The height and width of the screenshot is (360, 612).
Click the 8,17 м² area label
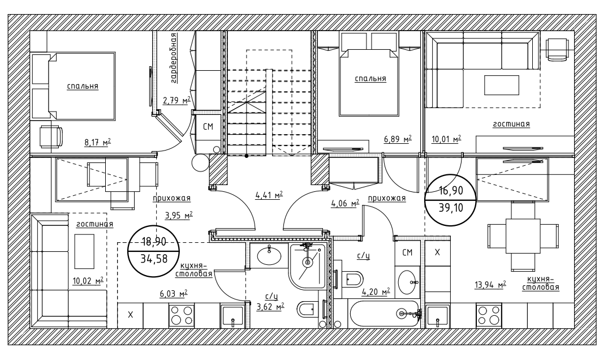click(x=98, y=142)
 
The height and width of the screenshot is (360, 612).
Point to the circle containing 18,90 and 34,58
click(x=154, y=251)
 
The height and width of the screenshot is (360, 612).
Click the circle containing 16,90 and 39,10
click(x=451, y=199)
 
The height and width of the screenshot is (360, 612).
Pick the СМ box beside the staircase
click(x=208, y=126)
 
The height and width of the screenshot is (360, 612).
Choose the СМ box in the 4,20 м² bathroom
click(x=407, y=252)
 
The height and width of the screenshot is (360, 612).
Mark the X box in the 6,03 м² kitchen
click(x=130, y=315)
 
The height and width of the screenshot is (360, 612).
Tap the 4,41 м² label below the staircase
click(x=269, y=196)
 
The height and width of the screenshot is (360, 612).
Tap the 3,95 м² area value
click(x=179, y=215)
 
